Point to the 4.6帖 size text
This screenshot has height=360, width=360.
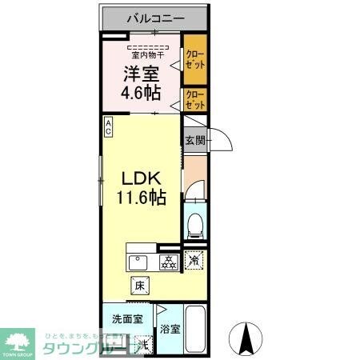140,92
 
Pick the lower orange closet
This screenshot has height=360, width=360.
194,100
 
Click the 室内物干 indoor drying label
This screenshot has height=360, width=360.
147,55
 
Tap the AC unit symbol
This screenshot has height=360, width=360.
107,128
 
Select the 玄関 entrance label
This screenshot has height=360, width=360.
194,141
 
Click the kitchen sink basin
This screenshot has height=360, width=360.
139,263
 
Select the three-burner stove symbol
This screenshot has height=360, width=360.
169,262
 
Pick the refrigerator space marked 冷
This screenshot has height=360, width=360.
194,259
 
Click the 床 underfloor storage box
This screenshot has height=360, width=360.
138,284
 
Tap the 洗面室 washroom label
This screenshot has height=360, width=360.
127,318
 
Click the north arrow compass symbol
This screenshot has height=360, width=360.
247,336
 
